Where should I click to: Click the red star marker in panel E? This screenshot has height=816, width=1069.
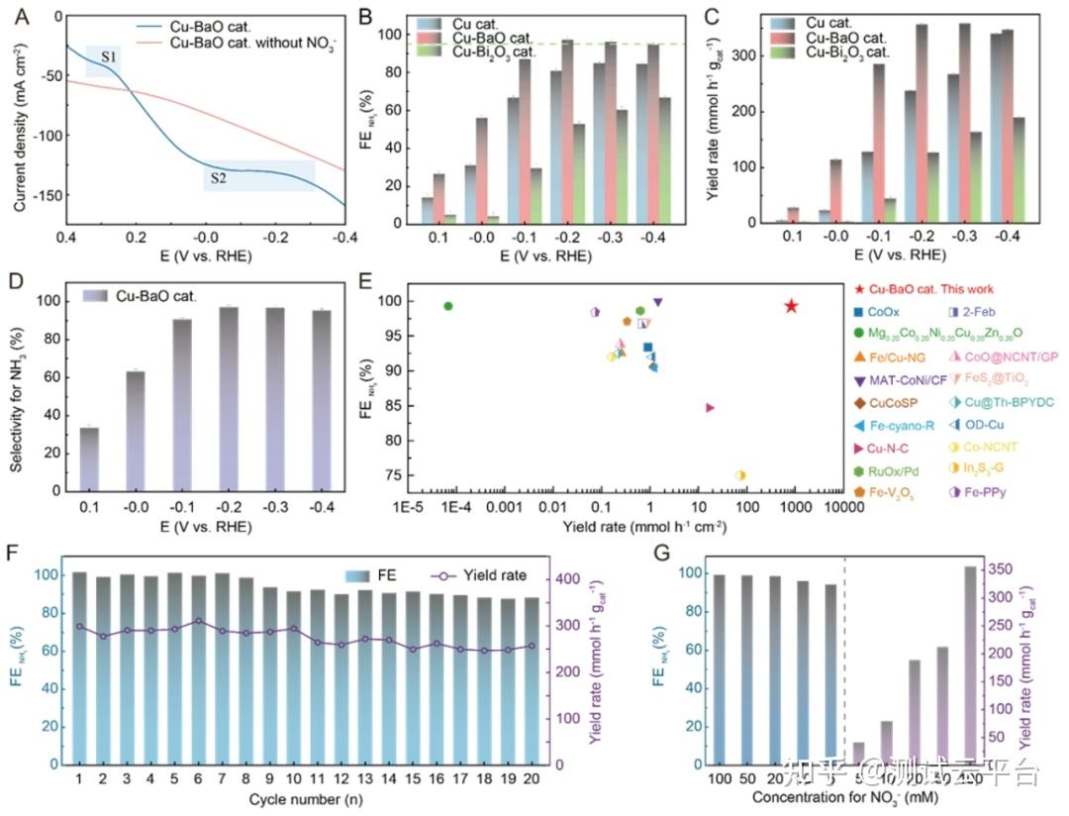(x=791, y=306)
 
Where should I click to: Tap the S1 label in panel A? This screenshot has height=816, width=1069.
(x=110, y=57)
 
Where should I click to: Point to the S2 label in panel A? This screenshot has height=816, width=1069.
(x=216, y=178)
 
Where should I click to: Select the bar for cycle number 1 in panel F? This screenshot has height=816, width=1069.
(x=79, y=668)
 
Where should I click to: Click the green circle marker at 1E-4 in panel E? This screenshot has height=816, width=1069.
(x=448, y=306)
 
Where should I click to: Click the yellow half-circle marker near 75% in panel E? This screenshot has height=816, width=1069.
(x=740, y=475)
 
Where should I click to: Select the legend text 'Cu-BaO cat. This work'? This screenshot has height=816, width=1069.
(x=938, y=289)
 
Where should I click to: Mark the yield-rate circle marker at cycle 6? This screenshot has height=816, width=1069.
(x=198, y=621)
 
